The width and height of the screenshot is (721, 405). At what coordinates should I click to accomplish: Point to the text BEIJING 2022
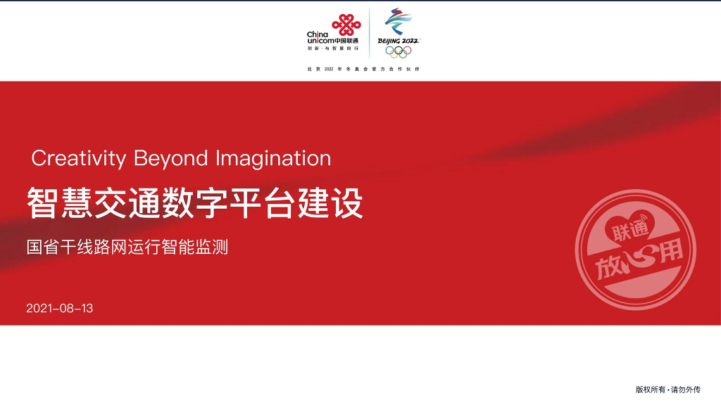pyautogui.click(x=399, y=41)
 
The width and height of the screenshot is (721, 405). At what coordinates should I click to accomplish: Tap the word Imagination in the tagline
pyautogui.click(x=273, y=158)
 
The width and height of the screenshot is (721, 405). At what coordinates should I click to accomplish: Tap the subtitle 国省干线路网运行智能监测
pyautogui.click(x=127, y=247)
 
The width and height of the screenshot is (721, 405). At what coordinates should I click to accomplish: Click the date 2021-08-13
pyautogui.click(x=60, y=309)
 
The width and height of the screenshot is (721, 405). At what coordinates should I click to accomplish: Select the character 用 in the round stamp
pyautogui.click(x=670, y=252)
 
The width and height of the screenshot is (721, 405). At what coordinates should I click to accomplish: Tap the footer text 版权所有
pyautogui.click(x=651, y=390)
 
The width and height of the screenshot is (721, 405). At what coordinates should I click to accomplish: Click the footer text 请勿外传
pyautogui.click(x=686, y=390)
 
